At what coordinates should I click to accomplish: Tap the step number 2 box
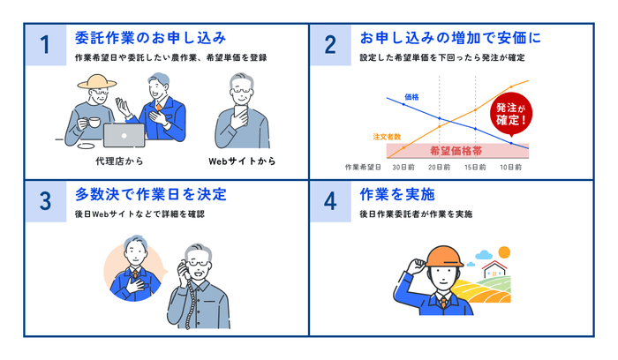[x=330, y=45]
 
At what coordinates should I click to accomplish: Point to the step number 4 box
[x=330, y=200]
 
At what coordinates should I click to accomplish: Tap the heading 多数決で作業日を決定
[x=151, y=193]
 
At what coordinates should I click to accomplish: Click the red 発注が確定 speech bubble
[x=513, y=111]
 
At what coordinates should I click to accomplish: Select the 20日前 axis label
[x=438, y=166]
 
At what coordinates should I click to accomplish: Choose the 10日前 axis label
[x=509, y=166]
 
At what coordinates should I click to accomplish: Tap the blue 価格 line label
[x=411, y=95]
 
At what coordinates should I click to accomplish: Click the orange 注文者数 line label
[x=387, y=137]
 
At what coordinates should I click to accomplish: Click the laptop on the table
[x=124, y=134]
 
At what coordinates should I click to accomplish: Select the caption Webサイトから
[x=241, y=161]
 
